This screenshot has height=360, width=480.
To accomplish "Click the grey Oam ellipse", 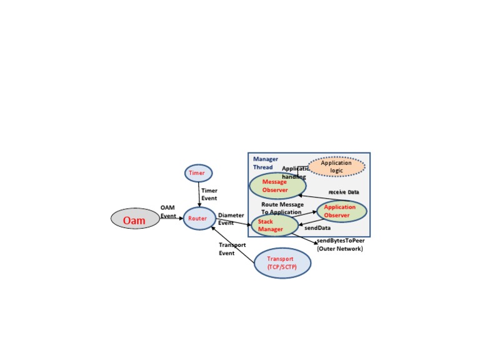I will tap(135, 219).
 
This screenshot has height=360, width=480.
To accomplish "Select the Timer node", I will tap(199, 173).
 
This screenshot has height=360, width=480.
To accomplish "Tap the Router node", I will tap(199, 219).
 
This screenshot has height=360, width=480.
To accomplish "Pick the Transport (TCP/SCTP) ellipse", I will tap(282, 263).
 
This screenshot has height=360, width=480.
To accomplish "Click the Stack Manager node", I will tap(274, 226).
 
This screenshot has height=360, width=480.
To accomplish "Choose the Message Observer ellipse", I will tap(277, 186).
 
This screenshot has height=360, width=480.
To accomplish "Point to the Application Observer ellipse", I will tap(341, 211).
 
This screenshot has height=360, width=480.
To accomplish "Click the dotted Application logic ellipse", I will tap(336, 167).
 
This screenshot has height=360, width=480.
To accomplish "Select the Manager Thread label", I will tap(266, 163).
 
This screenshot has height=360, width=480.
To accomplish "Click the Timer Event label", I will tap(209, 194).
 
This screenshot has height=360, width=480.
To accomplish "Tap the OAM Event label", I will tap(168, 211).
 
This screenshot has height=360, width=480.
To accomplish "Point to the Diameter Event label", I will tap(231, 219).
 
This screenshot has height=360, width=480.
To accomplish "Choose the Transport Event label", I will tap(232, 249).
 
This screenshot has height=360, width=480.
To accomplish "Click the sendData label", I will tap(317, 228).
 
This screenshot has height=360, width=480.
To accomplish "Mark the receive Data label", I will tap(344, 192).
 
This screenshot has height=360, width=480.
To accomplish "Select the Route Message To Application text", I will tap(282, 208).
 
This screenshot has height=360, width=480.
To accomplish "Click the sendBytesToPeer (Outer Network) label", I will tap(341, 244).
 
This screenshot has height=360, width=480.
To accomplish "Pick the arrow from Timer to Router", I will tap(199, 194).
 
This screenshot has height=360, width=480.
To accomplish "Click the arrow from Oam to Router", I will tap(171, 219).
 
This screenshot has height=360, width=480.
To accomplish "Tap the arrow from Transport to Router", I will tap(233, 244).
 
